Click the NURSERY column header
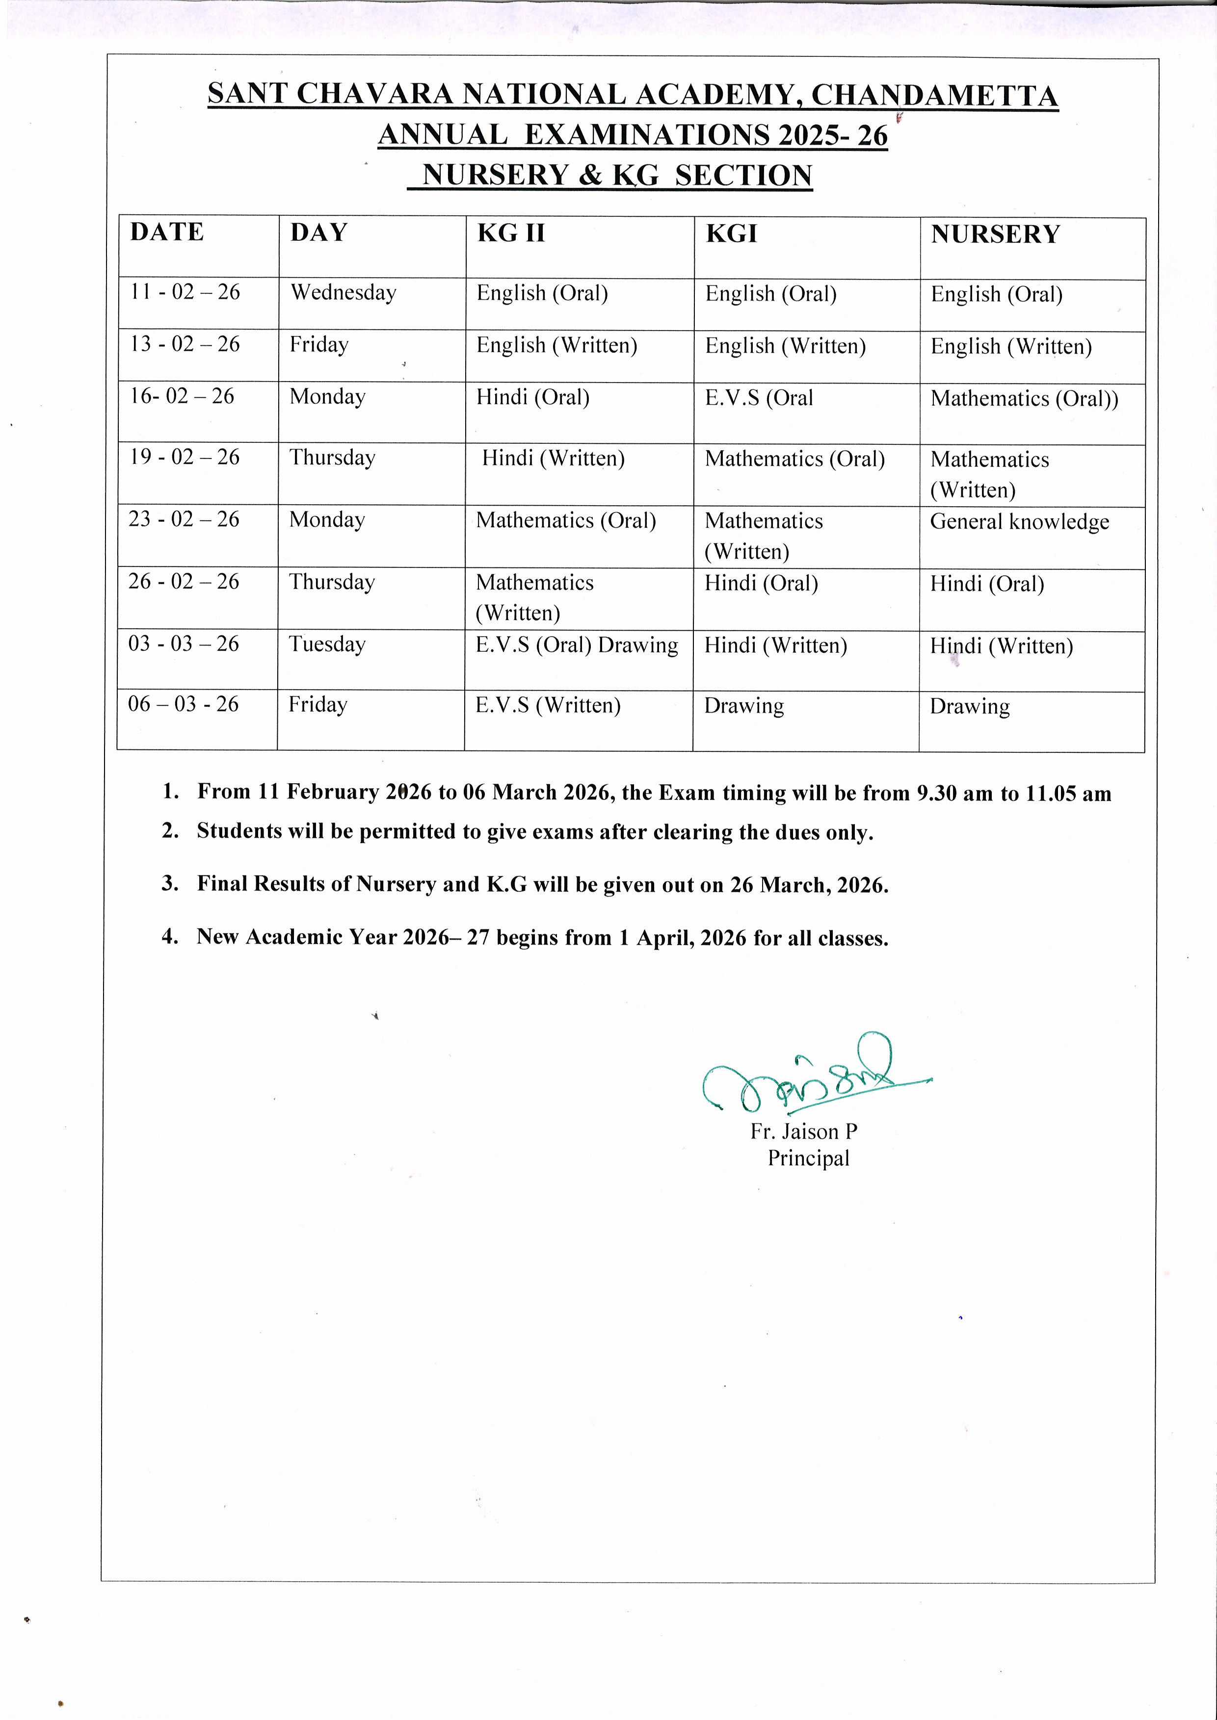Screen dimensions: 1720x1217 point(995,234)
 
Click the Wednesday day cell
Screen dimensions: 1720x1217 point(343,292)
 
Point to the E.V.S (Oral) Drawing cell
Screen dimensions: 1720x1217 point(576,645)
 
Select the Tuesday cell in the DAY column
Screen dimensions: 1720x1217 point(327,644)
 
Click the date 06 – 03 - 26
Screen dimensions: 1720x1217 point(184,704)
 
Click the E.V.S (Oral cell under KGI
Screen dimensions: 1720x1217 point(758,398)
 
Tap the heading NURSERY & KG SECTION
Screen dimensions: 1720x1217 point(617,175)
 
